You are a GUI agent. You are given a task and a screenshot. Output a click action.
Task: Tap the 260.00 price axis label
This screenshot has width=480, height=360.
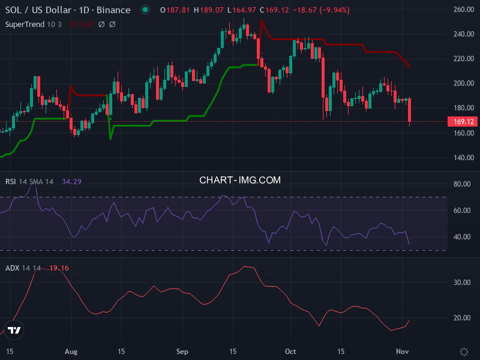464,10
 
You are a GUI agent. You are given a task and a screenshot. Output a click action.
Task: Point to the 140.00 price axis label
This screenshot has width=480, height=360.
464,158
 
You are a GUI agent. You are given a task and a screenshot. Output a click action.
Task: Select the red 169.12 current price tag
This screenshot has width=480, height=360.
463,122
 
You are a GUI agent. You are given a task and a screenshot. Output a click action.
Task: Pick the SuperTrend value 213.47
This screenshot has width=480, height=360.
82,24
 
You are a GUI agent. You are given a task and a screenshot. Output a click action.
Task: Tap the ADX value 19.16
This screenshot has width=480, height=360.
59,268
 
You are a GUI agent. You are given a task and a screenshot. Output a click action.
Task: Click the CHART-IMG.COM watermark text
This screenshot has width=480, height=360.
240,180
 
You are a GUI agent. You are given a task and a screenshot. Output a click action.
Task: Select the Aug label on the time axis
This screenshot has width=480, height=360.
71,351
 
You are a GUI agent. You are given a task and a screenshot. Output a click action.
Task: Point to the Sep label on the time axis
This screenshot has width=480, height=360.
182,351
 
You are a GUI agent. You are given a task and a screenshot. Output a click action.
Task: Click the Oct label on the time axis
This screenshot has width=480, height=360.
291,351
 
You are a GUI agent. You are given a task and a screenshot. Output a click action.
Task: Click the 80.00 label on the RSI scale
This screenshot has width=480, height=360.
462,184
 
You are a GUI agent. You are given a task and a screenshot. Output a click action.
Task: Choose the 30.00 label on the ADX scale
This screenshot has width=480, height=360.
462,282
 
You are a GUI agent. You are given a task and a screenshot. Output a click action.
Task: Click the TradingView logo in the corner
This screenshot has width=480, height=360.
14,330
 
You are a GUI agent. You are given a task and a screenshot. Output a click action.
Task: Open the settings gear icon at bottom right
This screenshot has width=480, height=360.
464,351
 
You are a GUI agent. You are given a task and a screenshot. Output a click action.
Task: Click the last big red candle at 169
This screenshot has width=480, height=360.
410,112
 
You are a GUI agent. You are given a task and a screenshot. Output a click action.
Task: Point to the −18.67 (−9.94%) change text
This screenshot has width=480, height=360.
321,10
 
